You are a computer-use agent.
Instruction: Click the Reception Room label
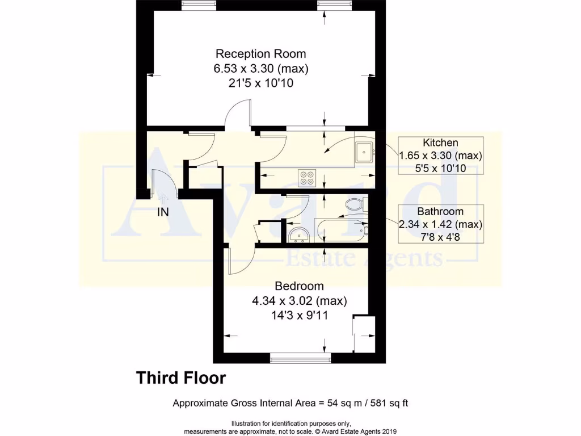(260, 54)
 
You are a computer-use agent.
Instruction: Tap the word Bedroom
(299, 286)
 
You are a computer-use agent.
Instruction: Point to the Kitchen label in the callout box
(440, 142)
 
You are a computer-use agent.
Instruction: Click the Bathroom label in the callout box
(440, 211)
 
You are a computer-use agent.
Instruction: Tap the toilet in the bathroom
(355, 204)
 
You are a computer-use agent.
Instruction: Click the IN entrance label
(163, 212)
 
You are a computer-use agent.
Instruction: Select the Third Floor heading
(181, 378)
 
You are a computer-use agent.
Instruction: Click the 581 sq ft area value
(389, 404)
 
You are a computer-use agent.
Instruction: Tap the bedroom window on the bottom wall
(300, 358)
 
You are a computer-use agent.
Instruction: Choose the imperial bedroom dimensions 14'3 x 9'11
(299, 315)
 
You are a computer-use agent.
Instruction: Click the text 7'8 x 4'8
(440, 237)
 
